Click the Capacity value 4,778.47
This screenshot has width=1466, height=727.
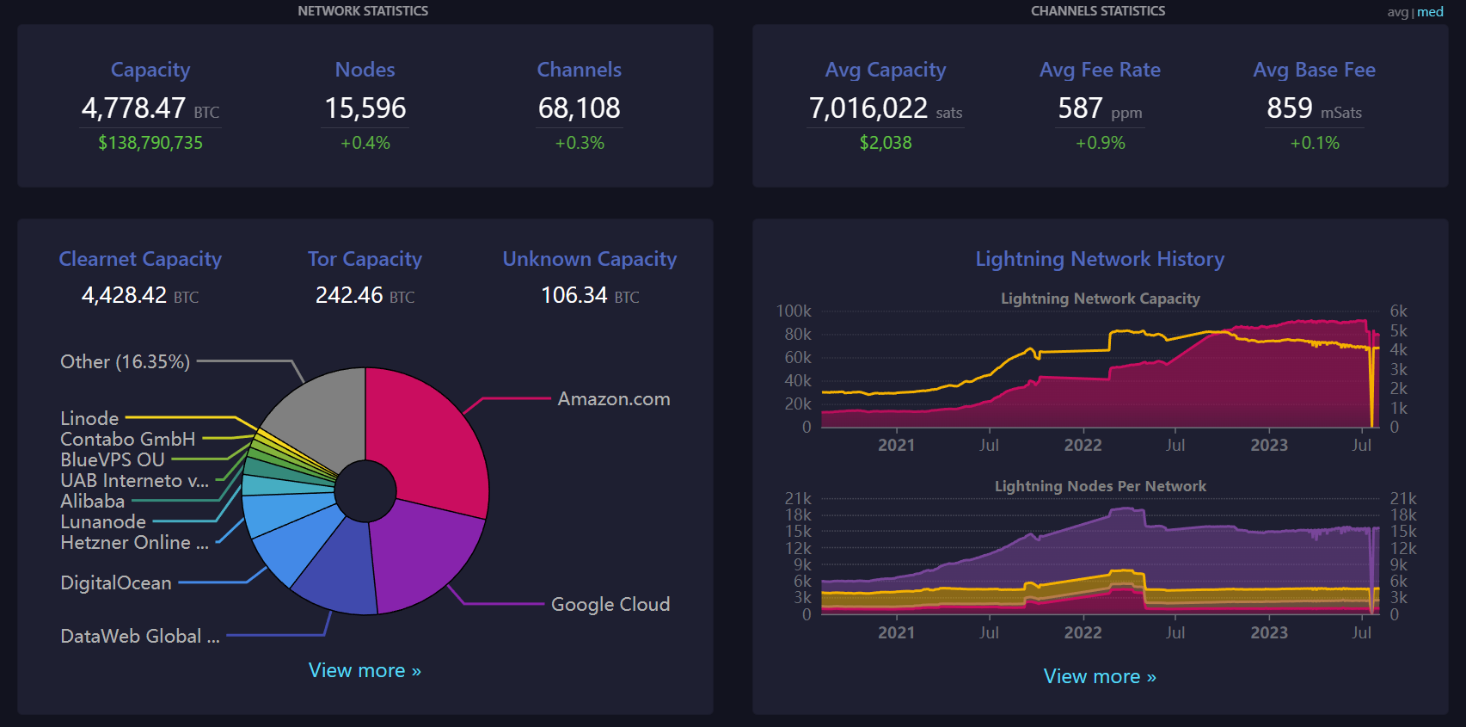pos(133,108)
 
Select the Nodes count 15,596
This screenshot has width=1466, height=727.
pos(365,108)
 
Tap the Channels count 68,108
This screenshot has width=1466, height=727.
pos(580,108)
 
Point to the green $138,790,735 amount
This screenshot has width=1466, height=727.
pos(150,143)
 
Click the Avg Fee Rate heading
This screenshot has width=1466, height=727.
pos(1101,70)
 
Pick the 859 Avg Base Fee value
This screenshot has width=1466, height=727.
pos(1289,108)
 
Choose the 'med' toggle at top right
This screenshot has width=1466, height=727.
pos(1430,12)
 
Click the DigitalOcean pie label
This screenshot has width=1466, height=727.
pos(116,583)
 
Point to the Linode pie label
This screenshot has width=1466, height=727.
pos(89,418)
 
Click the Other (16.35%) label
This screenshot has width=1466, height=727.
pos(125,361)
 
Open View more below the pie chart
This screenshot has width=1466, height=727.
pos(365,670)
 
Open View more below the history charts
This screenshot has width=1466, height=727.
pos(1100,676)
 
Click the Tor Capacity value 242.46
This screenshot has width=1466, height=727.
pos(349,295)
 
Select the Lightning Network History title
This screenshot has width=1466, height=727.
pos(1100,259)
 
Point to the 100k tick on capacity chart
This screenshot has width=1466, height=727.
pos(794,311)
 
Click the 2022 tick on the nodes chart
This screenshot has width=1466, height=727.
pos(1083,632)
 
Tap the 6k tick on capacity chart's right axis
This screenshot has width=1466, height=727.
pos(1399,311)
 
